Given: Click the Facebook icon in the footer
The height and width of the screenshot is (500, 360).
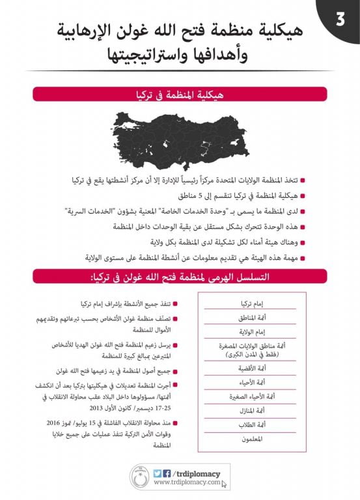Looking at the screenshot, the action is click(167, 473).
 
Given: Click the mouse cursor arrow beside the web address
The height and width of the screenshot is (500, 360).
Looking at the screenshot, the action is click(223, 484).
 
